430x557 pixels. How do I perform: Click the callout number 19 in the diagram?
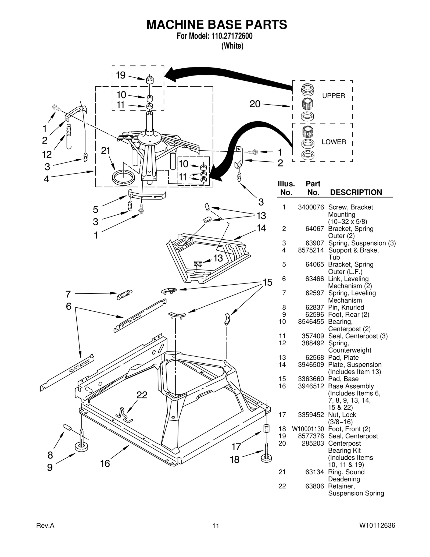point(121,75)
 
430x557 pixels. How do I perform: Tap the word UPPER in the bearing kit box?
point(334,96)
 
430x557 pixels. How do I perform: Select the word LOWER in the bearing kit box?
point(334,142)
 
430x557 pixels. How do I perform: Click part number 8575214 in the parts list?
point(311,250)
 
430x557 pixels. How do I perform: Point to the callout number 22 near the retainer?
point(142,395)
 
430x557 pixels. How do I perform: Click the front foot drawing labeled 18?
point(266,457)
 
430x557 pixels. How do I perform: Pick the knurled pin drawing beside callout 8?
point(67,427)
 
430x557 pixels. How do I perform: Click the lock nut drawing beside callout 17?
point(266,428)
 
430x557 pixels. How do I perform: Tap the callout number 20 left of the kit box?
point(255,104)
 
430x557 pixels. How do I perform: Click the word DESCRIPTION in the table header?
point(356,192)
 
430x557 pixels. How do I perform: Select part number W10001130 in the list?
point(308,429)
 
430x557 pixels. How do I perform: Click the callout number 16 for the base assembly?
point(105,463)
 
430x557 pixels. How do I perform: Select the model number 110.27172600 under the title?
point(230,36)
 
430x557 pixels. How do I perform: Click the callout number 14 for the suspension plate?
point(261,228)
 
